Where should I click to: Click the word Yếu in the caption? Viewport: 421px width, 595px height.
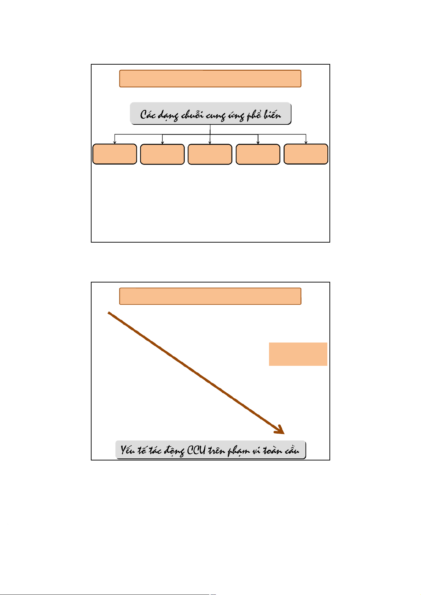(128, 450)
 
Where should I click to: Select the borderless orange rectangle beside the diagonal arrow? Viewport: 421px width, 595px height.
(298, 354)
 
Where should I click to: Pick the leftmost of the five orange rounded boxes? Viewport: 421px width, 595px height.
(115, 154)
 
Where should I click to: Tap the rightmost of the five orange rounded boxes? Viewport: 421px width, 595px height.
(306, 154)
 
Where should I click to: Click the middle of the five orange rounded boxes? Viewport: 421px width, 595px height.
(210, 154)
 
